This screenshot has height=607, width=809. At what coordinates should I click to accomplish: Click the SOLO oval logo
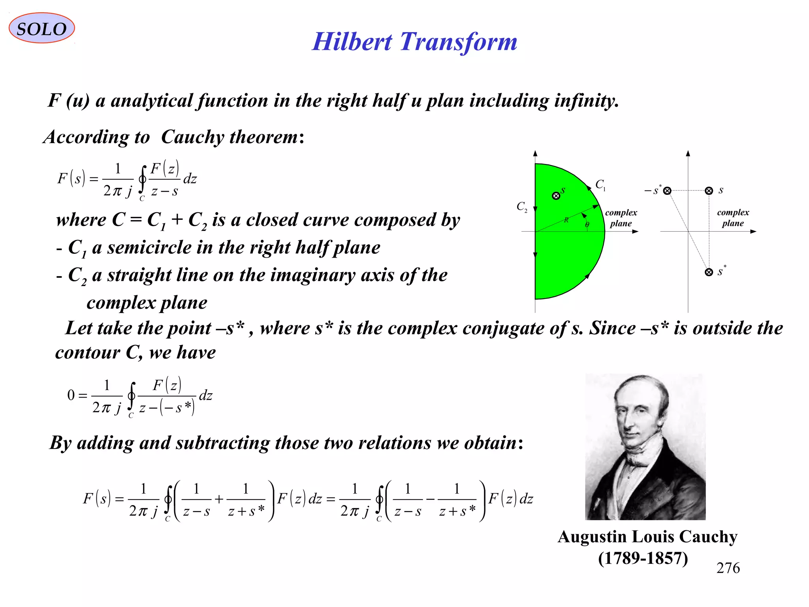point(41,28)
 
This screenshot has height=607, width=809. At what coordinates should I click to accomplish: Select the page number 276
point(728,568)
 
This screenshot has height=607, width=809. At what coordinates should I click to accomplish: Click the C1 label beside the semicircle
point(600,185)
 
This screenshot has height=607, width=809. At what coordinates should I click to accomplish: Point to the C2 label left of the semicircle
point(521,207)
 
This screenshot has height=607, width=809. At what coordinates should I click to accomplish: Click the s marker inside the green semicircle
point(556,196)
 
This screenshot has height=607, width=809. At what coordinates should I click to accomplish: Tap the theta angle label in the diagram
point(587,225)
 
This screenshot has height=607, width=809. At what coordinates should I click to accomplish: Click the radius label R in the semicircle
point(566,220)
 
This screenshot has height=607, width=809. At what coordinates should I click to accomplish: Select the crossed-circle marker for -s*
point(667,191)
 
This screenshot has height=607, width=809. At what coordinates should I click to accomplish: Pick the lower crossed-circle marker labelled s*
point(709,272)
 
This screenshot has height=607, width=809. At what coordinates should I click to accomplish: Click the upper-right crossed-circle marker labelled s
point(709,191)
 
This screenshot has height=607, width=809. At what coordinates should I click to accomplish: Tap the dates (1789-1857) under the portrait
point(643,558)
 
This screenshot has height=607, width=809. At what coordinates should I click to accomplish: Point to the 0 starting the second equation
point(71,395)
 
